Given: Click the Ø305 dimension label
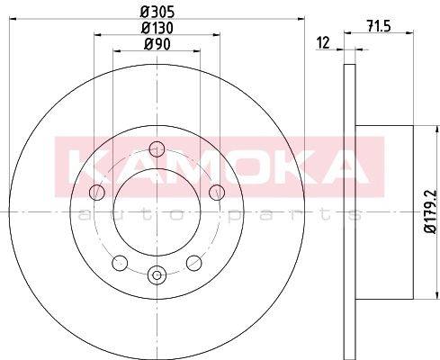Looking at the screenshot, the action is pos(157,13).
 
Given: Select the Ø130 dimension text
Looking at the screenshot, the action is pos(157,28).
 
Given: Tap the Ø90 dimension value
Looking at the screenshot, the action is pos(157,44).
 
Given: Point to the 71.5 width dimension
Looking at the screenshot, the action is pos(379,27).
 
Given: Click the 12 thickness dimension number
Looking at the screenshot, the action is pos(323,42).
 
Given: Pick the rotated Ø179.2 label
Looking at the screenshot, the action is pos(431,211).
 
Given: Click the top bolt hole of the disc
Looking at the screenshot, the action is pos(157,149).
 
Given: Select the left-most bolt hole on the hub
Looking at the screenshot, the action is pos(97,193).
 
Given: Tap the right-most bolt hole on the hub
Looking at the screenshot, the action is pos(217,193).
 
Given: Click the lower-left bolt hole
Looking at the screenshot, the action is pos(120,263).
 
